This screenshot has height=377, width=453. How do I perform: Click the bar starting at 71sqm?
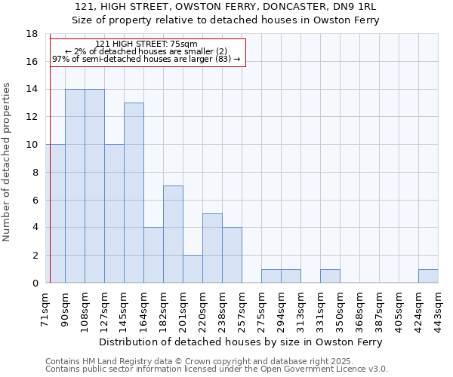(x=56, y=213)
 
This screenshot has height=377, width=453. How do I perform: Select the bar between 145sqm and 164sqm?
(x=134, y=193)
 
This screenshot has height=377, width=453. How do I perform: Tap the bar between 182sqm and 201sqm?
(x=173, y=234)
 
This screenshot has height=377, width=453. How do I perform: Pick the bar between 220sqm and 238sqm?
(x=212, y=248)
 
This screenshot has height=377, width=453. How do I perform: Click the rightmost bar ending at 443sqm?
(x=428, y=276)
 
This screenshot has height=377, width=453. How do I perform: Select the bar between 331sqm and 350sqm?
(x=330, y=276)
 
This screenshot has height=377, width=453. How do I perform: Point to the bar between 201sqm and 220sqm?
(x=193, y=269)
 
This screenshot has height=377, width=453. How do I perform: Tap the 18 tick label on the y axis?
(x=32, y=34)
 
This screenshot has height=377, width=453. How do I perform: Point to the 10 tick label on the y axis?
(x=32, y=145)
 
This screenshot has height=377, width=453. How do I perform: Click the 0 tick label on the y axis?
(x=35, y=283)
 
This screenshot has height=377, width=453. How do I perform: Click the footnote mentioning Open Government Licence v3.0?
(x=217, y=369)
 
